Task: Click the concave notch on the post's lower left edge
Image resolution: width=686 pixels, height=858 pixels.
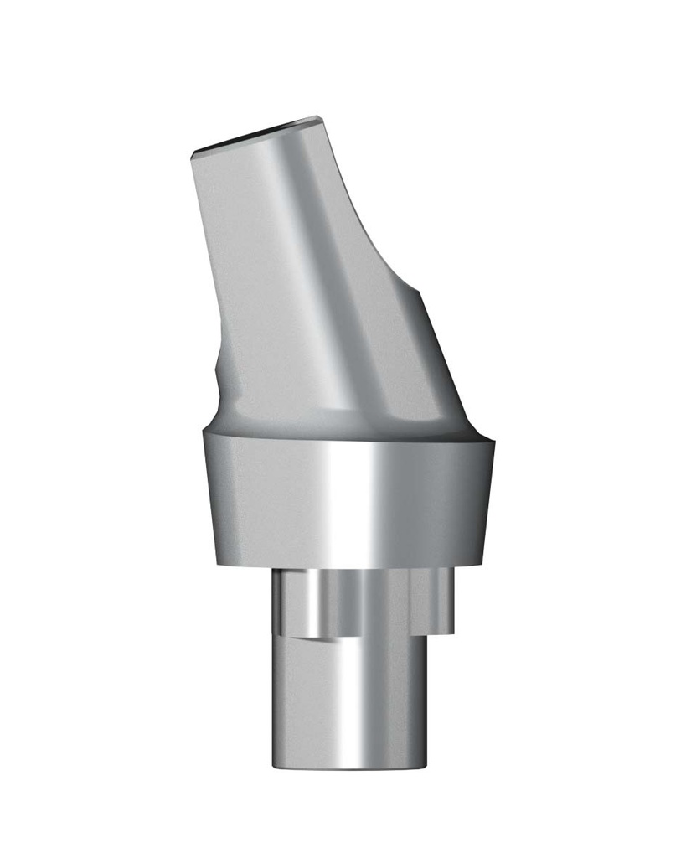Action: tap(219, 377)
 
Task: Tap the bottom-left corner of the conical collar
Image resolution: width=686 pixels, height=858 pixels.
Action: tap(216, 563)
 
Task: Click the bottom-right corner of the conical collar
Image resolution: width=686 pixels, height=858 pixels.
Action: tap(484, 561)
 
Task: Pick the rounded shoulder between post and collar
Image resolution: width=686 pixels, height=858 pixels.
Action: tap(335, 423)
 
